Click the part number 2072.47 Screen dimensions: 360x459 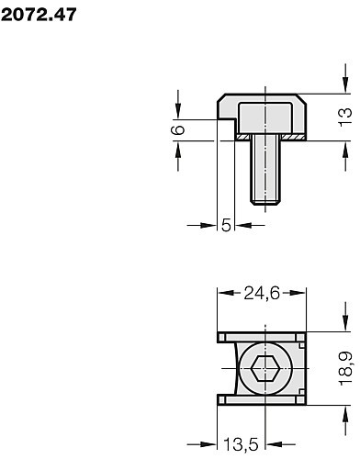[x=39, y=15]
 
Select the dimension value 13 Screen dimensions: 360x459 [x=345, y=117]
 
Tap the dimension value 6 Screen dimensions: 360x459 [x=178, y=129]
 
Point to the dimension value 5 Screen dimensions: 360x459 [x=226, y=226]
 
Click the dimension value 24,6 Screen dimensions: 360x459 [x=262, y=294]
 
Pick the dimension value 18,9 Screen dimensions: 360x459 [x=346, y=368]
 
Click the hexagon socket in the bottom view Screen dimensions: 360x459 [x=264, y=368]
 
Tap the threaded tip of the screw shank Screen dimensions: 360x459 [x=265, y=202]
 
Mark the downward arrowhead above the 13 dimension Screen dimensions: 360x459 [x=345, y=84]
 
